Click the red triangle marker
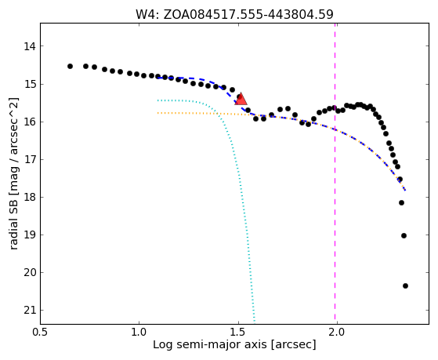[241, 99]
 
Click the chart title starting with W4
[234, 15]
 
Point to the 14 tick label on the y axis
[30, 46]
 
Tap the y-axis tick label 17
[30, 159]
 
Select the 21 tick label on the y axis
[30, 311]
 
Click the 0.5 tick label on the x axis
[41, 333]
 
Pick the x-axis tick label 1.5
[238, 333]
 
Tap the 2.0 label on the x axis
[337, 333]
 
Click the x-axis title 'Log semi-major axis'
[210, 345]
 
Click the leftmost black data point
[70, 67]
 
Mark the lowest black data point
[405, 285]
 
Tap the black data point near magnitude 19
[404, 236]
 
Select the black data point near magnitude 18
[401, 203]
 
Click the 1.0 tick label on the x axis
[139, 333]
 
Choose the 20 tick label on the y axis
[30, 272]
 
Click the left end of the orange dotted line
[157, 113]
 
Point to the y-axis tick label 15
[30, 84]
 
